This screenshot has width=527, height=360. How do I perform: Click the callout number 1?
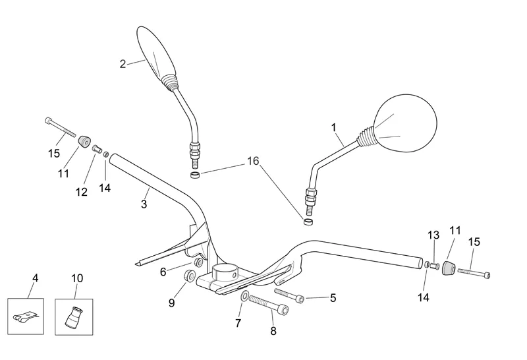click(333, 127)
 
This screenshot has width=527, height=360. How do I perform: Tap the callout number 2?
click(123, 64)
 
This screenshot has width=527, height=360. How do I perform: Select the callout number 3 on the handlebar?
click(144, 204)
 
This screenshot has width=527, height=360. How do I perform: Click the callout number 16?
click(253, 161)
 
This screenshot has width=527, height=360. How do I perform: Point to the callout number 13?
click(433, 235)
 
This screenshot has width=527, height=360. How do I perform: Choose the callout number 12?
click(81, 192)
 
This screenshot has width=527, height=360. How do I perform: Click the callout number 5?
click(333, 298)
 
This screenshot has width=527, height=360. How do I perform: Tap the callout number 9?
click(171, 303)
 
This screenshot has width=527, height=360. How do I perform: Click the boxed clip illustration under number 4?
click(25, 316)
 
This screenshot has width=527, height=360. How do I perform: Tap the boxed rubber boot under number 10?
click(74, 316)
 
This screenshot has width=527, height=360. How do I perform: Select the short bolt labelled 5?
click(289, 295)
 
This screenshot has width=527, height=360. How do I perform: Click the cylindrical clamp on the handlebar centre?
click(227, 272)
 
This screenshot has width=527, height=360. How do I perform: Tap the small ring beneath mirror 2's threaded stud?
click(196, 175)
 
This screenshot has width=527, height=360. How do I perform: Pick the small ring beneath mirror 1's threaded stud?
click(307, 223)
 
